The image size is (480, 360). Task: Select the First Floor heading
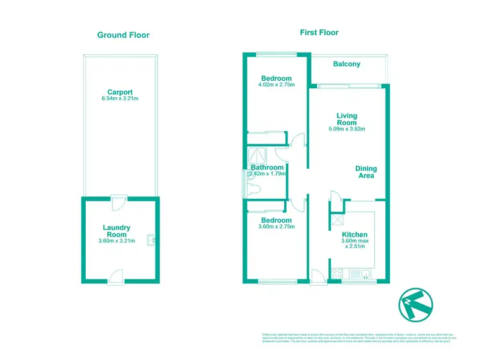319,32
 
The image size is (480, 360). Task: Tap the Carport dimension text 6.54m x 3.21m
120,98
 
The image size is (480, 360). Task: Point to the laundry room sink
150,240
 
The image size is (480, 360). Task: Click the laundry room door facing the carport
117,202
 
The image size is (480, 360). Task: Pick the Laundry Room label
116,231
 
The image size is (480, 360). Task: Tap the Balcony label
347,64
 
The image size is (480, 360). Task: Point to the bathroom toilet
254,187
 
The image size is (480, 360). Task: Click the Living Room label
346,120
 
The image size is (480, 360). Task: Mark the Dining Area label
366,172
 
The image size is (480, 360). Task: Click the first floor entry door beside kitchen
317,276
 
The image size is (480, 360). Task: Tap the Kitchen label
354,235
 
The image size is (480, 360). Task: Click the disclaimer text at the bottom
358,338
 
